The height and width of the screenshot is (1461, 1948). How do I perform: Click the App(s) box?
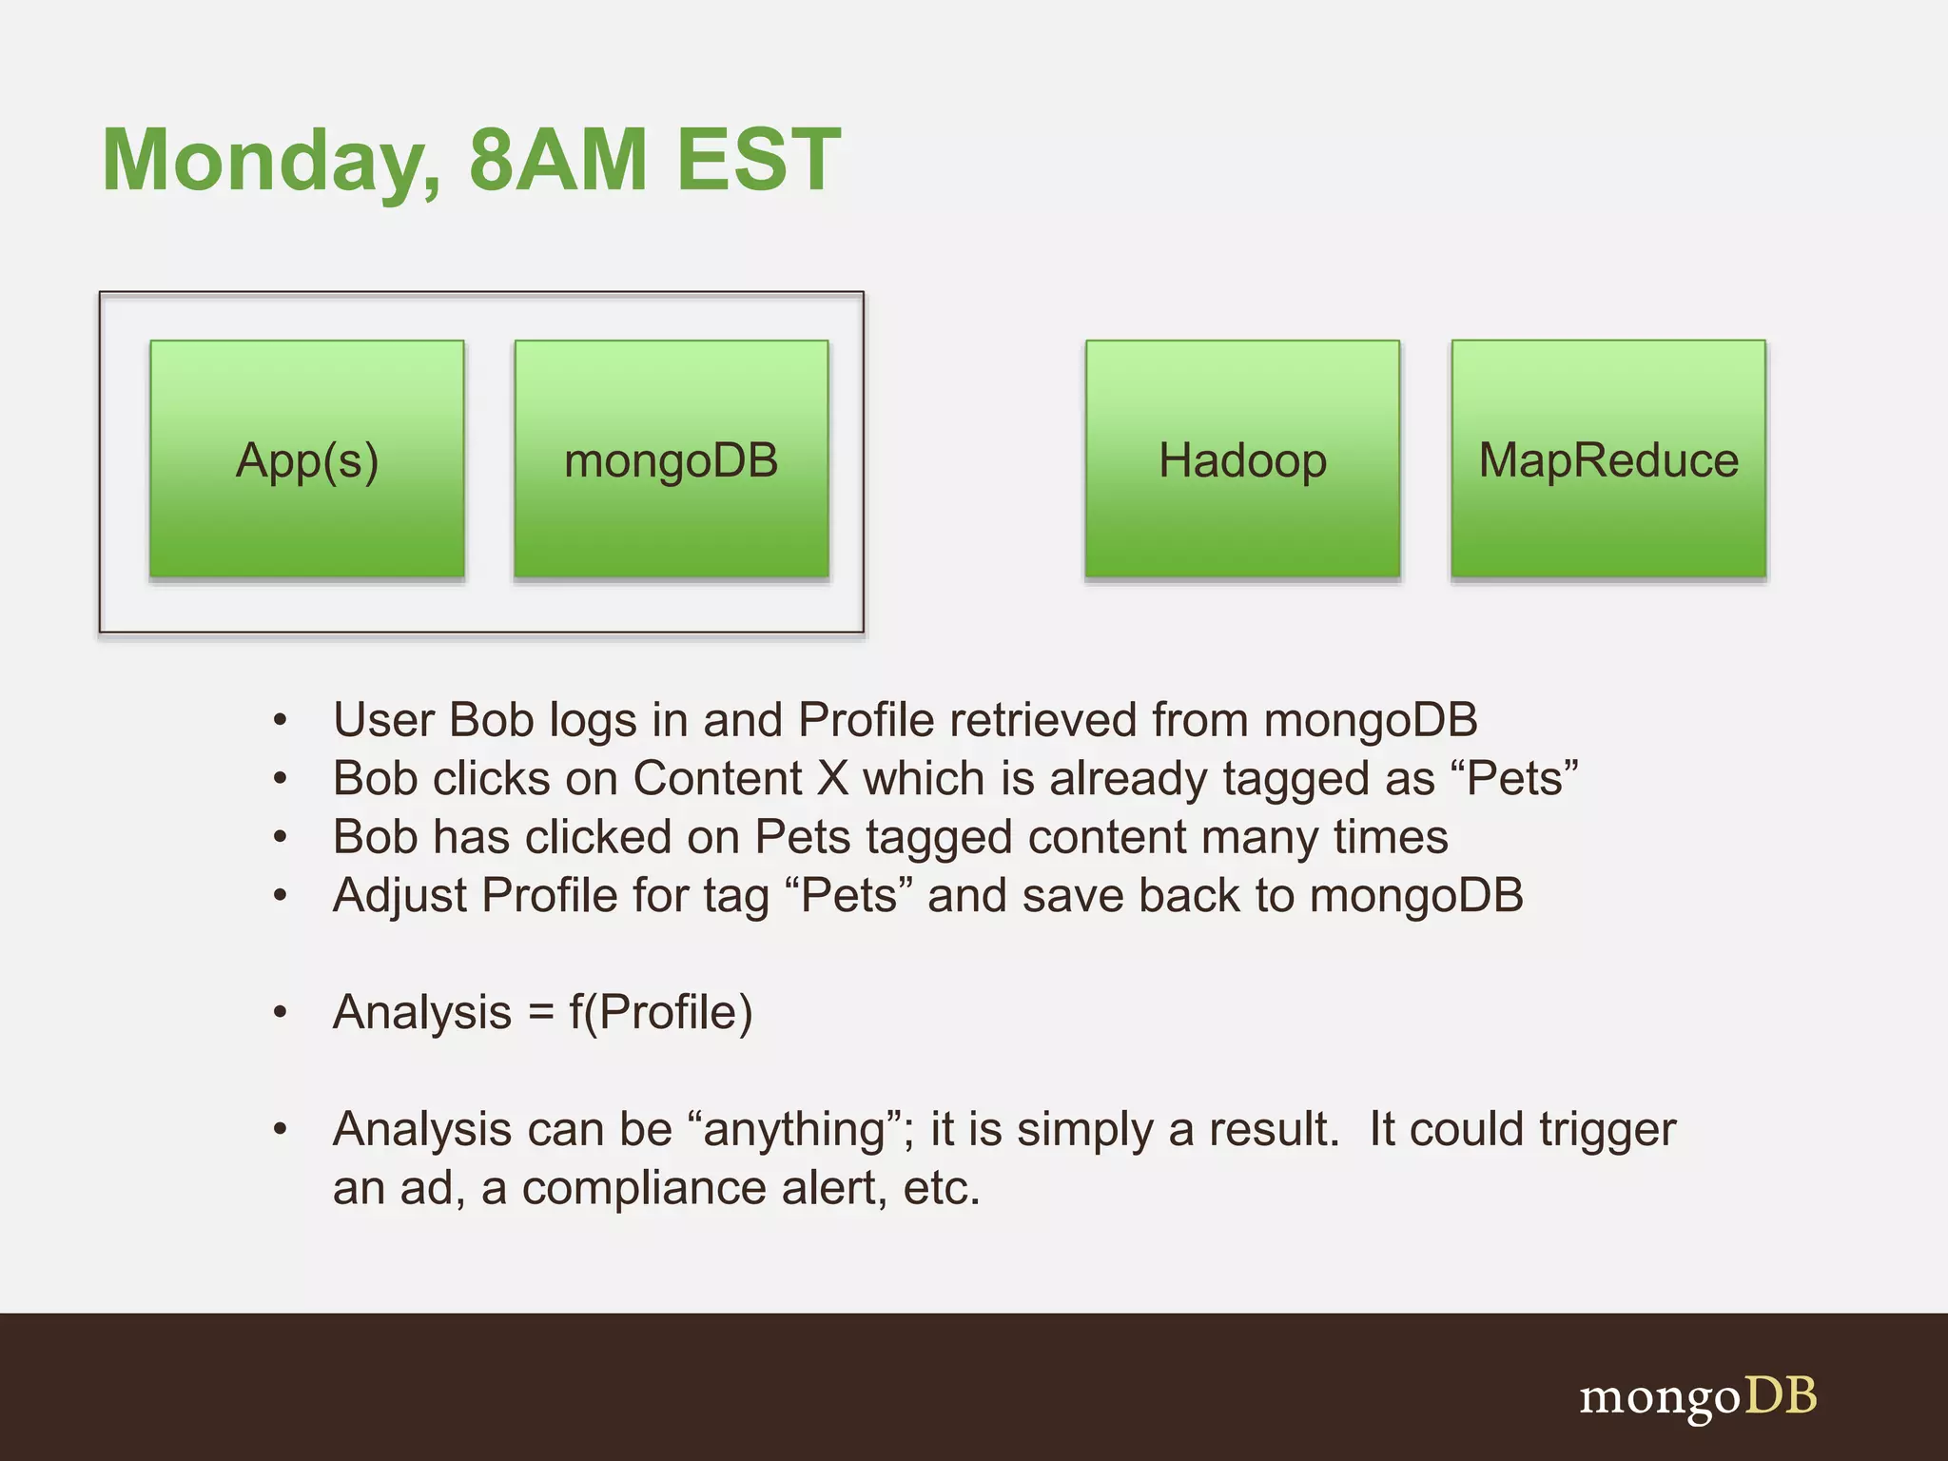tap(307, 459)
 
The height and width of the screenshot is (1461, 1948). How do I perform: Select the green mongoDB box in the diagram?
tap(672, 459)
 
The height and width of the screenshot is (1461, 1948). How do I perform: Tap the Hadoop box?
tap(1242, 459)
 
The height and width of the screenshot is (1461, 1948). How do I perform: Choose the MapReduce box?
tap(1608, 459)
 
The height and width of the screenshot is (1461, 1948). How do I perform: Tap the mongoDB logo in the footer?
tap(1698, 1397)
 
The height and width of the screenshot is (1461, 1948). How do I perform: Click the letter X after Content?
tap(832, 778)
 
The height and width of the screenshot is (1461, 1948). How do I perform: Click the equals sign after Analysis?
tap(540, 1012)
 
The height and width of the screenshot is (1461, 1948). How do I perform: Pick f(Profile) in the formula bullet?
tap(661, 1012)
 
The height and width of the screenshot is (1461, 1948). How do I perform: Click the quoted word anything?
tap(795, 1130)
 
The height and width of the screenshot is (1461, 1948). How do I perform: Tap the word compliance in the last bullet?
tap(643, 1188)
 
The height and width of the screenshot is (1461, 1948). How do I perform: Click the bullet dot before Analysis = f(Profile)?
tap(280, 1013)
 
